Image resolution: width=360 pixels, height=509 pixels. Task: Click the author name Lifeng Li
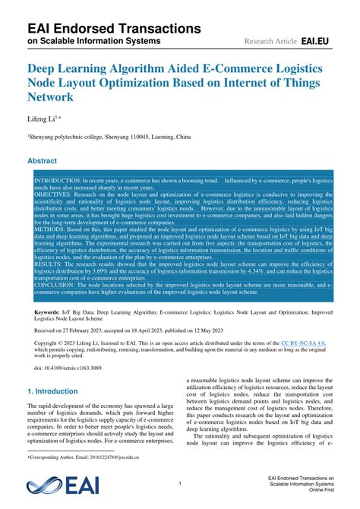tap(43, 119)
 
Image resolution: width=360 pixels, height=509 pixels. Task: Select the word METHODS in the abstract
tap(51, 228)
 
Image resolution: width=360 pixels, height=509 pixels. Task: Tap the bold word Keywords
tap(46, 312)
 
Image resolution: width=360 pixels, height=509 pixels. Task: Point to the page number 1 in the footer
tap(180, 483)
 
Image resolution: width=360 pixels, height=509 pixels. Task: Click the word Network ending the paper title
tap(51, 98)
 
